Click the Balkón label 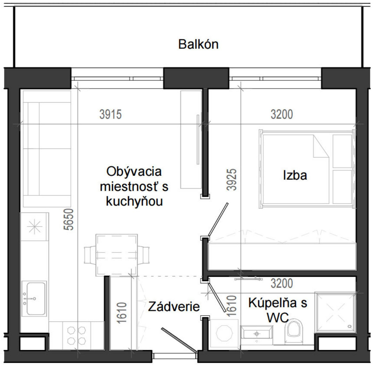198,44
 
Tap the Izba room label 295,175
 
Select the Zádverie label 174,307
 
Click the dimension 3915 110,114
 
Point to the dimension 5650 69,219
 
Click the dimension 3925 231,179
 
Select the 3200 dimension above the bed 281,114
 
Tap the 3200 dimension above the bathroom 281,283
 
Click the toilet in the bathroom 294,331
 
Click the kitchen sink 34,299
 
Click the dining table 117,255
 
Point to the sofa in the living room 47,149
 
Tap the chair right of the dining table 143,255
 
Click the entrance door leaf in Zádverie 179,340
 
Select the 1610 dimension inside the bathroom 231,306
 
